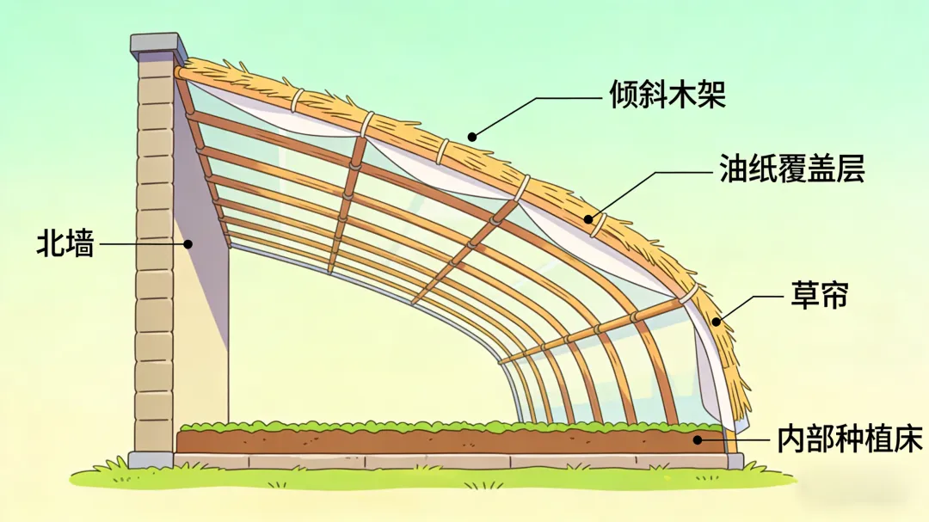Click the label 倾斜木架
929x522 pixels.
pyautogui.click(x=668, y=94)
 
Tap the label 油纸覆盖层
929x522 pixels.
pyautogui.click(x=791, y=170)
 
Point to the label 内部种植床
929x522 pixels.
pyautogui.click(x=848, y=439)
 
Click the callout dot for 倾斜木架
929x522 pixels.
pyautogui.click(x=471, y=135)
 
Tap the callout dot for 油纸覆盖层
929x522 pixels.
pyautogui.click(x=589, y=219)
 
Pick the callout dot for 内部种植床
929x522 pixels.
pyautogui.click(x=699, y=439)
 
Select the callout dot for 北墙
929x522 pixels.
pyautogui.click(x=188, y=243)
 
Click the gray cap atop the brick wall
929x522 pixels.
pyautogui.click(x=158, y=43)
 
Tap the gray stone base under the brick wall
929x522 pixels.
pyautogui.click(x=151, y=460)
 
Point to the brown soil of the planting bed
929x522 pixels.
pyautogui.click(x=430, y=441)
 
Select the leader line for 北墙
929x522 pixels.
pyautogui.click(x=142, y=243)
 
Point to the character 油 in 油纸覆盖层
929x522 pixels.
pyautogui.click(x=733, y=170)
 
